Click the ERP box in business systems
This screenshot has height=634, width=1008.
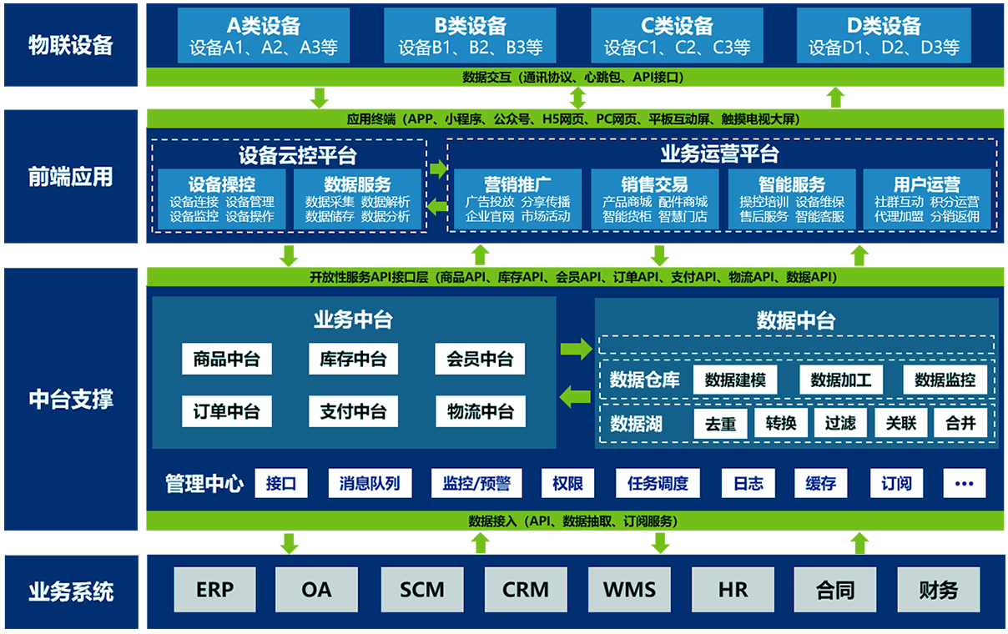[215, 590]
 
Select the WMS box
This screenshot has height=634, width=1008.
[629, 590]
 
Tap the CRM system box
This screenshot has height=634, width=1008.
[526, 590]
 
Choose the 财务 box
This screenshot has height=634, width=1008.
[939, 590]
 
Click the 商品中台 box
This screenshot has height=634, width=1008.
[226, 360]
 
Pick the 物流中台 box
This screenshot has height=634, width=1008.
[480, 411]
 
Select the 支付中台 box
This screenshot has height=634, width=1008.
[353, 411]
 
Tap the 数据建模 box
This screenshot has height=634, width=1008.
[735, 380]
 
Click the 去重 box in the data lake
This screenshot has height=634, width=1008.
[721, 423]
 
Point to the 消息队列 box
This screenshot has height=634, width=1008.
[370, 483]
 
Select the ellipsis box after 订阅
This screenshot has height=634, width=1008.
[964, 483]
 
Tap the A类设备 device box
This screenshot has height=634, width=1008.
[263, 36]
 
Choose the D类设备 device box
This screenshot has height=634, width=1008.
[884, 36]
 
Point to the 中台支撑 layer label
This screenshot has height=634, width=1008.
[71, 399]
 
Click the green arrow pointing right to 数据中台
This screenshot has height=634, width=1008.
[576, 348]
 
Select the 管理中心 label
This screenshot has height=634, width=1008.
[204, 483]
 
